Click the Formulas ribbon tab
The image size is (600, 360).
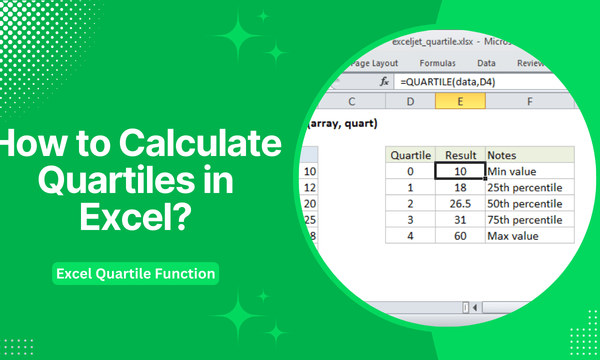pos(437,63)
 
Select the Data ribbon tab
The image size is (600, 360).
pos(486,63)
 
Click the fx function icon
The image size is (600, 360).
pos(384,82)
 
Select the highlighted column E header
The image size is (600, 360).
pos(460,101)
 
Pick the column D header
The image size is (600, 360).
pos(410,101)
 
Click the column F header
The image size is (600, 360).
pos(529,101)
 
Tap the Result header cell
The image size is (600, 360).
pos(460,155)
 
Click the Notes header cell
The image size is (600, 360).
pos(501,155)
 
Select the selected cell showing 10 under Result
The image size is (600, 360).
pos(460,171)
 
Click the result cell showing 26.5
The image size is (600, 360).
pos(460,203)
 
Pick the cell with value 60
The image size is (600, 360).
pos(460,235)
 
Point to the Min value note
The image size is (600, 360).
pos(511,171)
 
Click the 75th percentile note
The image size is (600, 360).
pos(524,219)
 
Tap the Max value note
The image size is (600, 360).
pos(512,235)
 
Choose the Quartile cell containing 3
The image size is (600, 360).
pos(410,219)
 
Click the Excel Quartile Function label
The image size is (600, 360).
pos(135,273)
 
